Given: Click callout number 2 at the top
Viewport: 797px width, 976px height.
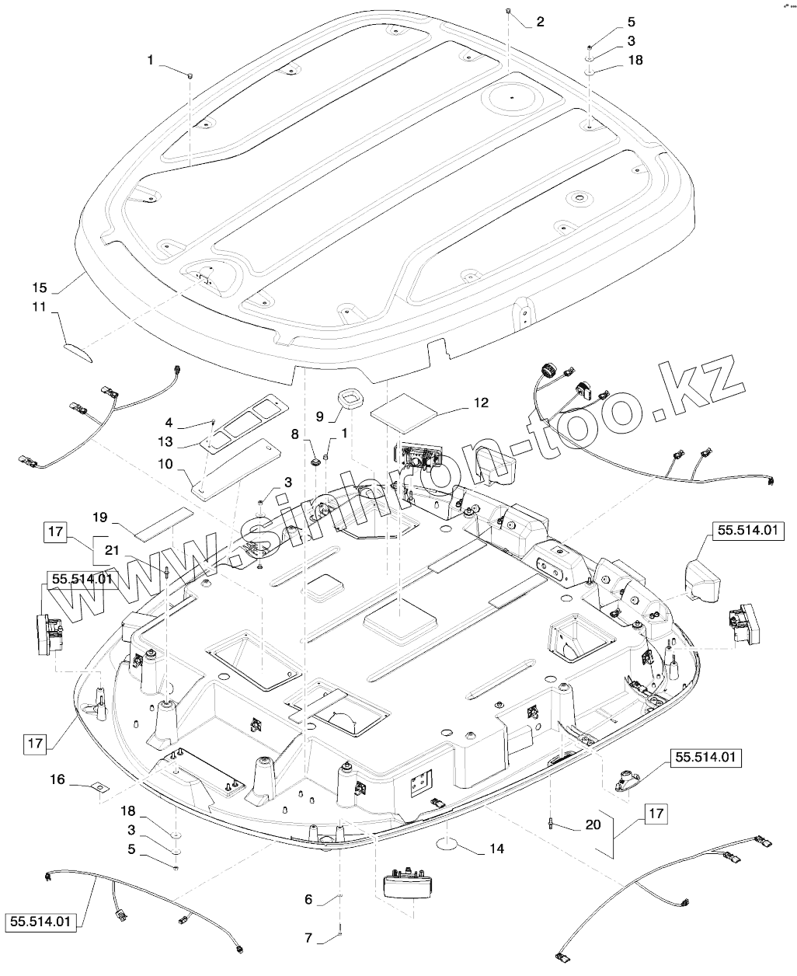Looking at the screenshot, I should click(540, 23).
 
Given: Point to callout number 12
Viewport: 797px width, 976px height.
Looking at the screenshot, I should click(482, 403).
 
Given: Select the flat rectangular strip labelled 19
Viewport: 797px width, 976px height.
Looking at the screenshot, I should click(164, 522).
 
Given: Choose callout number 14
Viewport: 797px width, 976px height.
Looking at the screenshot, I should click(496, 849).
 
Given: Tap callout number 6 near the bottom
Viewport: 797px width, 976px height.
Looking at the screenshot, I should click(308, 899).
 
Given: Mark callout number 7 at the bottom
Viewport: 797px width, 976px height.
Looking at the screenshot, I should click(308, 938).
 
